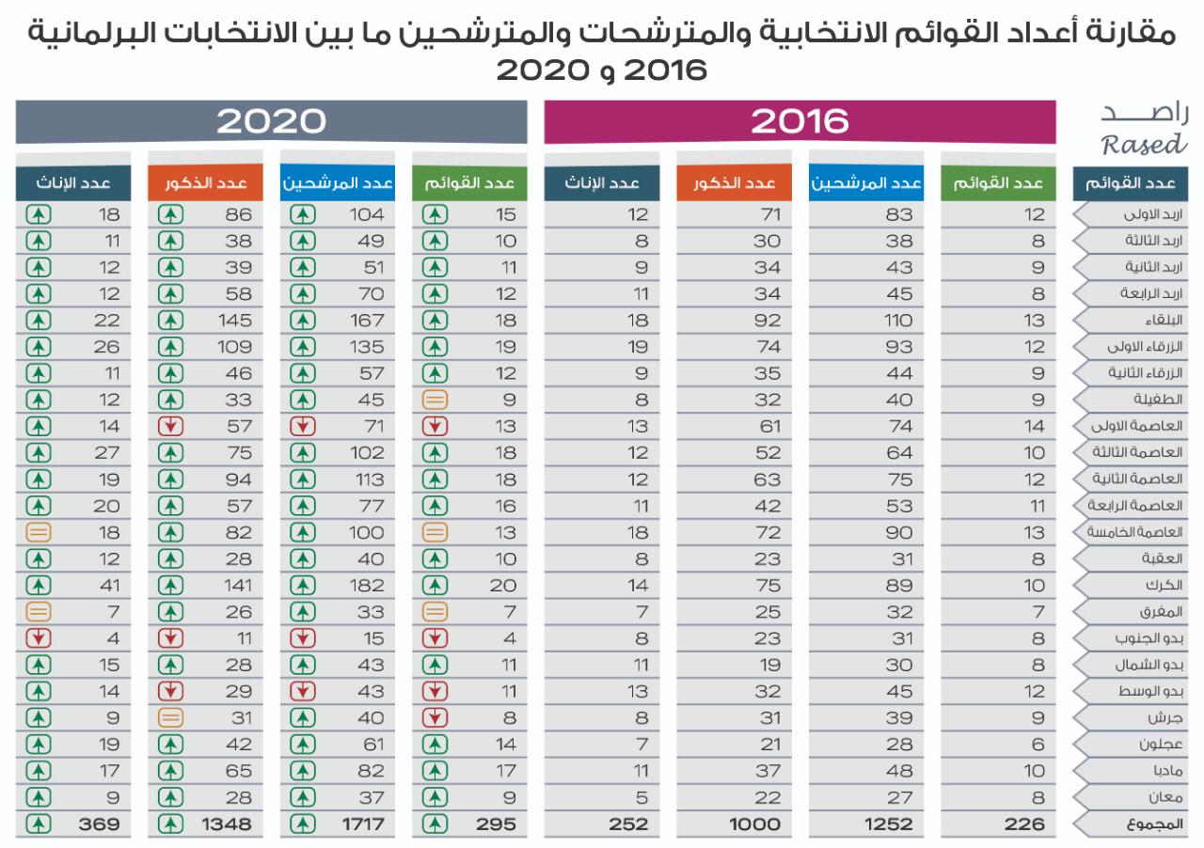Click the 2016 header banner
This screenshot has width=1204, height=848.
click(800, 122)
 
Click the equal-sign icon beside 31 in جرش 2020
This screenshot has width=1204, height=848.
click(170, 717)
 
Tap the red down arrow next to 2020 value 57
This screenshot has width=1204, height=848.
click(170, 426)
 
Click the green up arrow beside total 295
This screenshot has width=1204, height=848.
click(434, 824)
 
